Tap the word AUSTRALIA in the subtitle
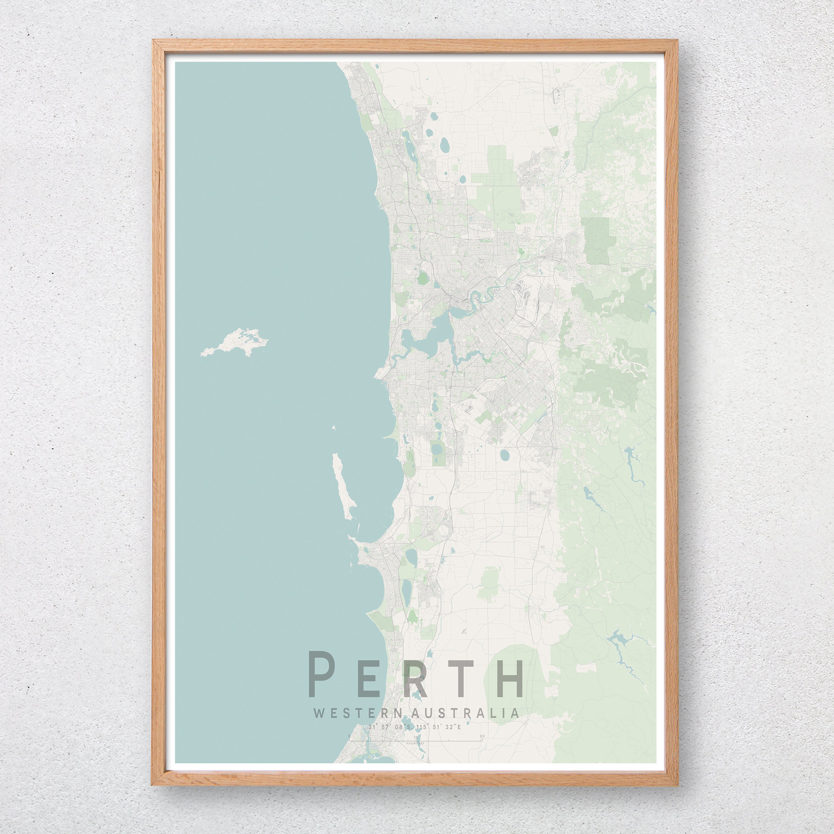click(466, 713)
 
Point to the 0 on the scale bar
click(349, 736)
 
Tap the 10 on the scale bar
click(415, 737)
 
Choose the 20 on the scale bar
click(482, 736)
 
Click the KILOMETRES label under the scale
click(415, 743)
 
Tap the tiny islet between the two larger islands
click(334, 428)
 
